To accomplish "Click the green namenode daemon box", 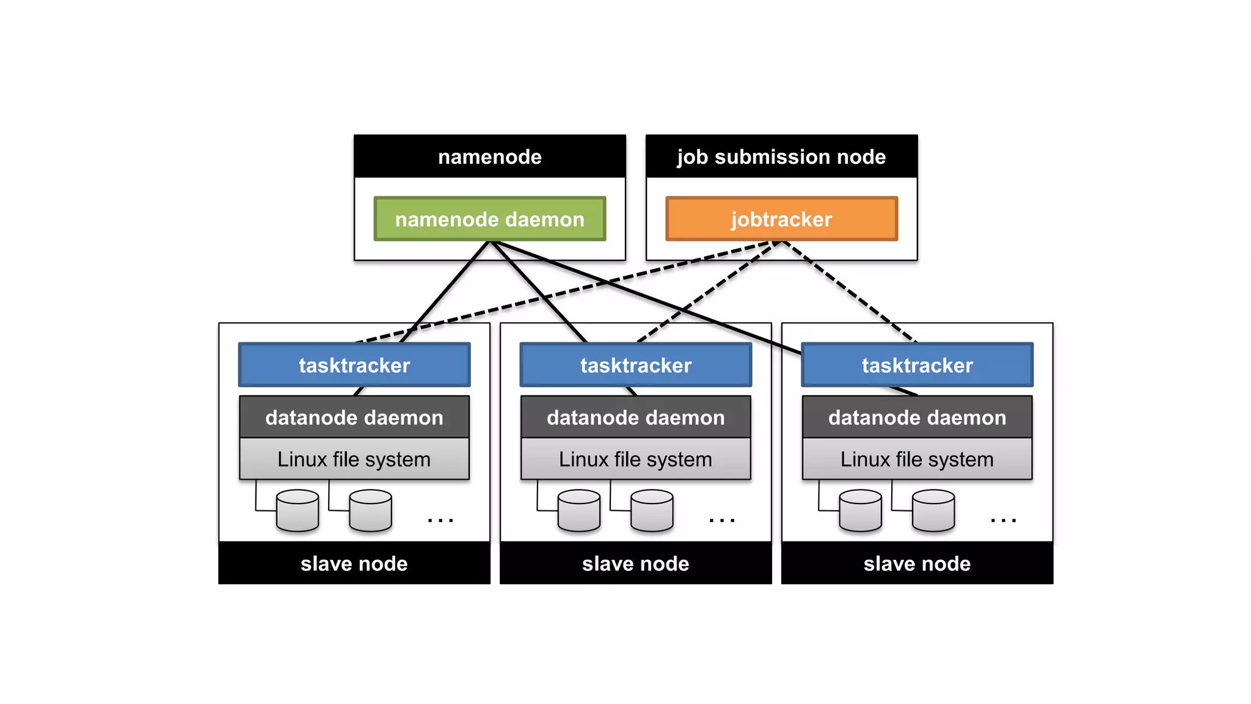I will coord(489,219).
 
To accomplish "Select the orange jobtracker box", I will coord(781,219).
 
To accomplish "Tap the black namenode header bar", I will coord(489,156).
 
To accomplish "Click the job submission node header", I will coord(781,156).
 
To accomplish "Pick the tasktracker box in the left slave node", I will coord(354,365).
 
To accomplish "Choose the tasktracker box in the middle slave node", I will coord(635,365).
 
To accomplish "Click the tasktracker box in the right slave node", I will coord(917,365).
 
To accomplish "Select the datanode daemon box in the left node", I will coord(354,417).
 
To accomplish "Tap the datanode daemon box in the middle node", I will coord(635,417).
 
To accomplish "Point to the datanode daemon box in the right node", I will coord(917,417).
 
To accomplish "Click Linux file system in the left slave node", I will coord(354,459).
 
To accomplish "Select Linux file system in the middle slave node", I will coord(635,459).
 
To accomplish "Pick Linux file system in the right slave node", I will coord(917,459).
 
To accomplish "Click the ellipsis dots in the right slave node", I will coord(1003,520).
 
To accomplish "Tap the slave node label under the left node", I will coord(354,563).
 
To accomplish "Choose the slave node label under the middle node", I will coord(635,563).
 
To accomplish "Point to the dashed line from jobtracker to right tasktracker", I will coord(849,291).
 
